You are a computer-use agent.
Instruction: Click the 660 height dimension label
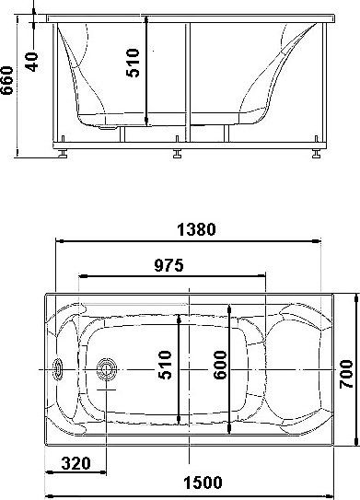pyautogui.click(x=7, y=80)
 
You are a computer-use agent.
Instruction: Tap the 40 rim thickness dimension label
pyautogui.click(x=32, y=62)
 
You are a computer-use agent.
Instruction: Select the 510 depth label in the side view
pyautogui.click(x=133, y=63)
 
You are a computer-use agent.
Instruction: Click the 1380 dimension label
pyautogui.click(x=196, y=229)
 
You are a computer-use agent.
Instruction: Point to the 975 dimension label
pyautogui.click(x=169, y=265)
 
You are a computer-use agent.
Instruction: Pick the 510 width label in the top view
pyautogui.click(x=165, y=365)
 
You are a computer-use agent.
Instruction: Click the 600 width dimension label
pyautogui.click(x=220, y=365)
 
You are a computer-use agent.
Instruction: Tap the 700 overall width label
pyautogui.click(x=346, y=374)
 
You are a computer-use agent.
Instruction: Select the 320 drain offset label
pyautogui.click(x=75, y=463)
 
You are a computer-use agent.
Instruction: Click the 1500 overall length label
pyautogui.click(x=203, y=483)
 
